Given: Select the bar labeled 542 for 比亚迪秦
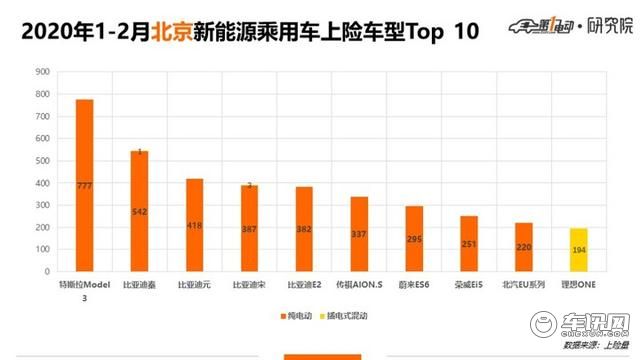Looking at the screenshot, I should point(139,211).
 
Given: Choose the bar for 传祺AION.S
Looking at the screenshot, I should point(359,234).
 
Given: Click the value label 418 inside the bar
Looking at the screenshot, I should point(194,225).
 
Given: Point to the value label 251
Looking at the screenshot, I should point(469,244).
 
